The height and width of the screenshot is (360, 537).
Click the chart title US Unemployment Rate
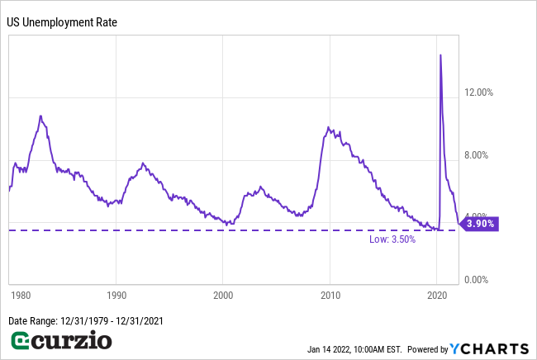point(62,21)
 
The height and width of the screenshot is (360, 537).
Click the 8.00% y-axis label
point(478,155)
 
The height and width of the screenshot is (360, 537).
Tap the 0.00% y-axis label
point(478,279)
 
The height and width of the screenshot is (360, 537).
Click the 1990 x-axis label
point(116,294)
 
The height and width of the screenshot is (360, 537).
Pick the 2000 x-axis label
point(223,294)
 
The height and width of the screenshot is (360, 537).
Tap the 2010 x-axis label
point(330,294)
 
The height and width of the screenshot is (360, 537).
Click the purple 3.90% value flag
point(479,224)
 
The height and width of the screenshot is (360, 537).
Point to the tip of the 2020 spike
point(440,54)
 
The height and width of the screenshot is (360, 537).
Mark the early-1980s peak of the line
point(40,116)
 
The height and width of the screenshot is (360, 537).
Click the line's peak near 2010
point(329,127)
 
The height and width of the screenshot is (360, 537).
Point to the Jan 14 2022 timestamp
point(354,348)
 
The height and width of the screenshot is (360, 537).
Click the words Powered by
point(427,348)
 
